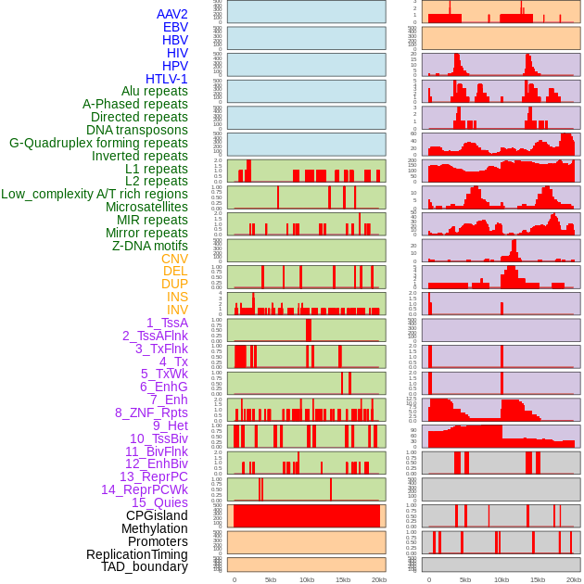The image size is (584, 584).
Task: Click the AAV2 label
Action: [172, 14]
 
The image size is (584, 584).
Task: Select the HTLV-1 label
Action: [167, 79]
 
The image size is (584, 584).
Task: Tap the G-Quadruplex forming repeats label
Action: [98, 143]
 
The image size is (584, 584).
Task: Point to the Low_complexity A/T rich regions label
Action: [95, 194]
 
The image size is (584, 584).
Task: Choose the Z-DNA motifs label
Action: [150, 246]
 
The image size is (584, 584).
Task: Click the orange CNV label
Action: [174, 259]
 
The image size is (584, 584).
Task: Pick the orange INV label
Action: [177, 310]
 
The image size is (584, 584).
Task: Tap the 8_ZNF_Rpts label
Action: [151, 413]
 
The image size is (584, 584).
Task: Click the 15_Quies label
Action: [159, 502]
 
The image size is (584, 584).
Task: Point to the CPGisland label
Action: [157, 515]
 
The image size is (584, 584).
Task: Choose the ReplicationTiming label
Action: [137, 554]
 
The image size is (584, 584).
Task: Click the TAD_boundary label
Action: [145, 566]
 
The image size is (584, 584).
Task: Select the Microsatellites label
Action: [146, 207]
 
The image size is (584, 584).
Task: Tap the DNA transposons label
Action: [137, 130]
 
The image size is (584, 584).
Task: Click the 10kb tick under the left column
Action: [307, 579]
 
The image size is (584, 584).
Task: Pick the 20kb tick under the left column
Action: [379, 579]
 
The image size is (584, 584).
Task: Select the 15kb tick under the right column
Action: [538, 579]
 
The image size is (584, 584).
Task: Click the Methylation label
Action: [154, 528]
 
